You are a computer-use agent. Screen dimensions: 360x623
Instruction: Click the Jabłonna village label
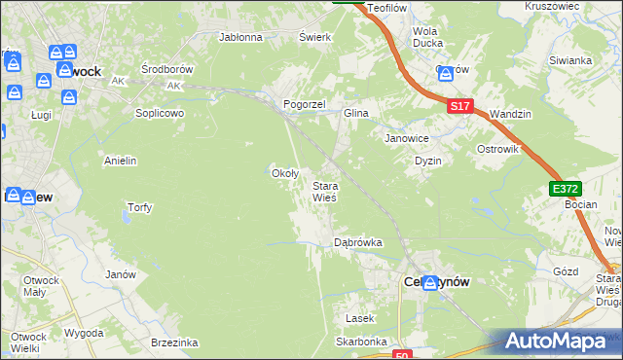pyautogui.click(x=241, y=38)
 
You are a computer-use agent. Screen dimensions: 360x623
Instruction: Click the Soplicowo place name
pyautogui.click(x=160, y=112)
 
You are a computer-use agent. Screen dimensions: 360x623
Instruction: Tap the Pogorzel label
pyautogui.click(x=303, y=103)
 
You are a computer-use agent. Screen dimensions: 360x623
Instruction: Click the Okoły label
pyautogui.click(x=283, y=173)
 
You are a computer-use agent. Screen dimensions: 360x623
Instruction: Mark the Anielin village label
pyautogui.click(x=120, y=161)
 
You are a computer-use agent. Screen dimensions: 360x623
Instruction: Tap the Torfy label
pyautogui.click(x=140, y=207)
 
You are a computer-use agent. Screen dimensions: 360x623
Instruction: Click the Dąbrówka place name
pyautogui.click(x=357, y=242)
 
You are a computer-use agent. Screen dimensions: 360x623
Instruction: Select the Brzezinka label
pyautogui.click(x=175, y=342)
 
